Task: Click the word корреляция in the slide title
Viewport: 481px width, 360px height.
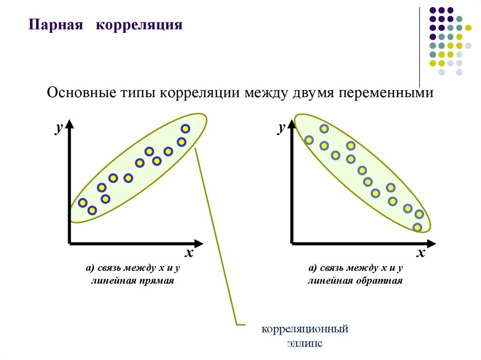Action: pyautogui.click(x=139, y=24)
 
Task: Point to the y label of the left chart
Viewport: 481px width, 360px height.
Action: pyautogui.click(x=59, y=128)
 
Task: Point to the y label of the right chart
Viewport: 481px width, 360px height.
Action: pyautogui.click(x=281, y=128)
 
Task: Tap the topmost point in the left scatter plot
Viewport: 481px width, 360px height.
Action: pyautogui.click(x=186, y=129)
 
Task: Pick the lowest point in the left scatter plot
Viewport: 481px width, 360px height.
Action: pyautogui.click(x=92, y=210)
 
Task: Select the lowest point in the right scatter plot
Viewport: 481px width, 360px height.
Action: pyautogui.click(x=417, y=228)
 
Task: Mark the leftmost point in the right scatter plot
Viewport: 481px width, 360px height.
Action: pyautogui.click(x=309, y=139)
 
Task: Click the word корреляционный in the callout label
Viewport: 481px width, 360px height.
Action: pyautogui.click(x=305, y=329)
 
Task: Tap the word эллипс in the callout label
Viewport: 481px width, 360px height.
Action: pyautogui.click(x=305, y=343)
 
